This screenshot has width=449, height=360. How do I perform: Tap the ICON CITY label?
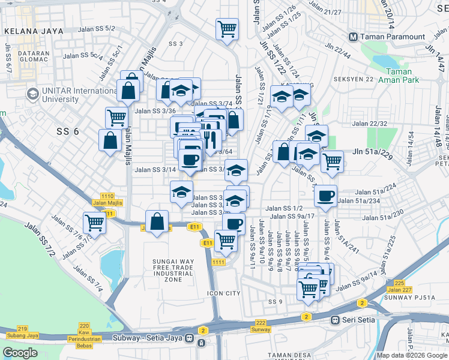pyautogui.click(x=223, y=293)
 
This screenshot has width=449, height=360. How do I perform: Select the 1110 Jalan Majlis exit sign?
pyautogui.click(x=108, y=200)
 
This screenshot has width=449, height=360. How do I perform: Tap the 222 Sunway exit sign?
pyautogui.click(x=261, y=326)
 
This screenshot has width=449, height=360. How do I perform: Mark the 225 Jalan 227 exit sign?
pyautogui.click(x=400, y=286)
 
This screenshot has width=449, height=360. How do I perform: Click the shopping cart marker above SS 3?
pyautogui.click(x=228, y=28)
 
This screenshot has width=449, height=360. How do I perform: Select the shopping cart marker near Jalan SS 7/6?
pyautogui.click(x=95, y=222)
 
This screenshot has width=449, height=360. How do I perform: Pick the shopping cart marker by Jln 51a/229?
pyautogui.click(x=332, y=160)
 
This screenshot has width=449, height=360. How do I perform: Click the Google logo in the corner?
pyautogui.click(x=20, y=353)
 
